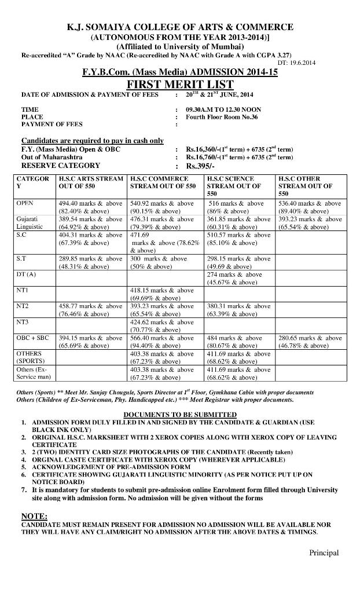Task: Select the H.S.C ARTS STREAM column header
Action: point(90,182)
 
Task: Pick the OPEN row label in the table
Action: point(25,203)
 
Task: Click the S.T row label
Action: point(21,258)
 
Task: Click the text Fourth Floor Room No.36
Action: point(222,117)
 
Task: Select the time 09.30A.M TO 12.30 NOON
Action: point(223,109)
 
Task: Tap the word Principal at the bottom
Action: point(324,552)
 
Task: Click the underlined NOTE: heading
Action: point(34,516)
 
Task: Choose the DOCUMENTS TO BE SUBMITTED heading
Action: point(180,414)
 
